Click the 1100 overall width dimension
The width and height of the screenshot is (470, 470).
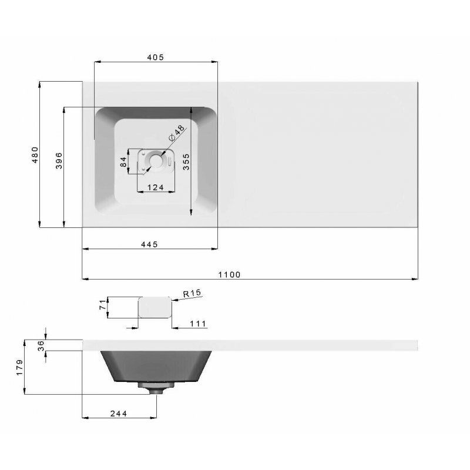(229, 274)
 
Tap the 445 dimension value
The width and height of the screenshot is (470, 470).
(149, 244)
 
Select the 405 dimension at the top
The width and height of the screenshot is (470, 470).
(155, 57)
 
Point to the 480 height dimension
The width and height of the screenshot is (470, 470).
(35, 155)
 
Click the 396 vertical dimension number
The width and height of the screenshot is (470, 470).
(59, 160)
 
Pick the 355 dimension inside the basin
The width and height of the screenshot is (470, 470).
(186, 162)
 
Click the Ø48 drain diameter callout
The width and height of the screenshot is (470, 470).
(177, 133)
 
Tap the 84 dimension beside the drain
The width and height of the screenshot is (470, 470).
(123, 162)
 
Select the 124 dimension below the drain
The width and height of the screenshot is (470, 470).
(156, 187)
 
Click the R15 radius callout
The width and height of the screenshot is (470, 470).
(192, 293)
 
